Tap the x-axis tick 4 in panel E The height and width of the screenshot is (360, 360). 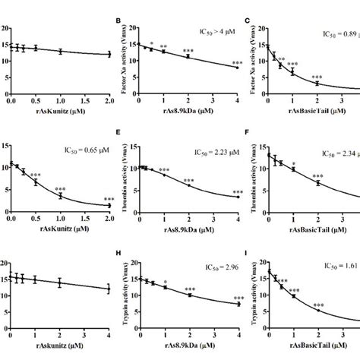pos(238,219)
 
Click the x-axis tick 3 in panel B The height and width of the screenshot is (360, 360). pos(213,100)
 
